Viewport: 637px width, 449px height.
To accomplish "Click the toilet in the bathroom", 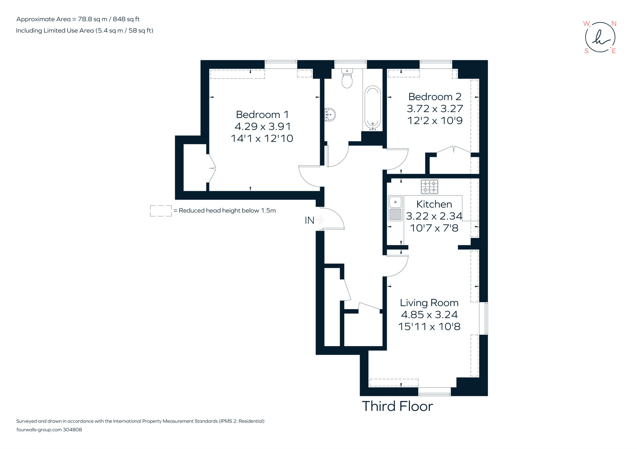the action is [x=347, y=79].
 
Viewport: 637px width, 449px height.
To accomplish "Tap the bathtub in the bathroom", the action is [x=372, y=108].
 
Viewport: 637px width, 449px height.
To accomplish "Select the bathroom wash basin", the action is [x=330, y=115].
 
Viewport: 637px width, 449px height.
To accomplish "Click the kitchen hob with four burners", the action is [x=429, y=187].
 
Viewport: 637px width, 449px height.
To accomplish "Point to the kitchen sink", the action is [x=395, y=208].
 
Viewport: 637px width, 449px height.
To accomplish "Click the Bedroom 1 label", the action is [x=262, y=115].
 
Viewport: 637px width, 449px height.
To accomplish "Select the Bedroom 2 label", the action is [x=435, y=97].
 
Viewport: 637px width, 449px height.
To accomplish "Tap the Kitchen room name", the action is [x=434, y=204].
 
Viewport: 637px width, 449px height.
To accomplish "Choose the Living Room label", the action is [x=429, y=303].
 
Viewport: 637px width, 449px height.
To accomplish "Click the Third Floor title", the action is [x=397, y=406].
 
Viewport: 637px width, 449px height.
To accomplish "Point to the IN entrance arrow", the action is [x=320, y=220].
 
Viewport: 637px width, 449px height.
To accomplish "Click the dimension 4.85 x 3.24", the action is [x=429, y=314].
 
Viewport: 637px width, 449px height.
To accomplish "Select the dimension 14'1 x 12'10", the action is [x=262, y=138].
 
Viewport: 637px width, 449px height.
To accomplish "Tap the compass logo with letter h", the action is [x=600, y=38].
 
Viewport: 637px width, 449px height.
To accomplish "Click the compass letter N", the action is [x=614, y=24].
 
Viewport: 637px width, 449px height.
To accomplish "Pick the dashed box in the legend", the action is [x=161, y=211].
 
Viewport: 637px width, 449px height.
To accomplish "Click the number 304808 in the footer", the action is [x=72, y=430].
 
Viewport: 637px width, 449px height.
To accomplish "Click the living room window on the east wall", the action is [x=486, y=318].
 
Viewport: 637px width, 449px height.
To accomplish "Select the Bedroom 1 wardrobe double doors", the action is [x=212, y=168].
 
